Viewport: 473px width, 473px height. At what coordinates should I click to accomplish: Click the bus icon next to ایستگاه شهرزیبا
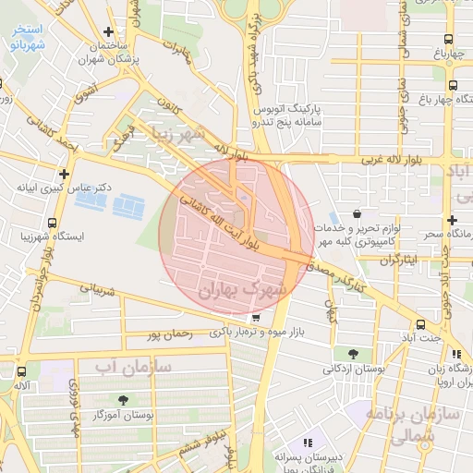click(51, 223)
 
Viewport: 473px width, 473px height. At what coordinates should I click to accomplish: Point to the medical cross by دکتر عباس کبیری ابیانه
click(64, 174)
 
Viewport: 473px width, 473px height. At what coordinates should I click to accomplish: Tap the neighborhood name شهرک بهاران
click(250, 289)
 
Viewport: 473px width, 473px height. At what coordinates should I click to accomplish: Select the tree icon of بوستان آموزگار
click(149, 401)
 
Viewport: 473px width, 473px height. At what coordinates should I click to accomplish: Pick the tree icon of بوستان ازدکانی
click(354, 354)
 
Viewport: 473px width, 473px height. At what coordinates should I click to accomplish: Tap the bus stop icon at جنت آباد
click(421, 324)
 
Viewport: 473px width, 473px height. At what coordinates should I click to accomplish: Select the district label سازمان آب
click(133, 367)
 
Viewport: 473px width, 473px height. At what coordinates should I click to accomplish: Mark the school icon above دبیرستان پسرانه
click(308, 443)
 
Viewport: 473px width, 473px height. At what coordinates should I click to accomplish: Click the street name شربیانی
click(94, 288)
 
